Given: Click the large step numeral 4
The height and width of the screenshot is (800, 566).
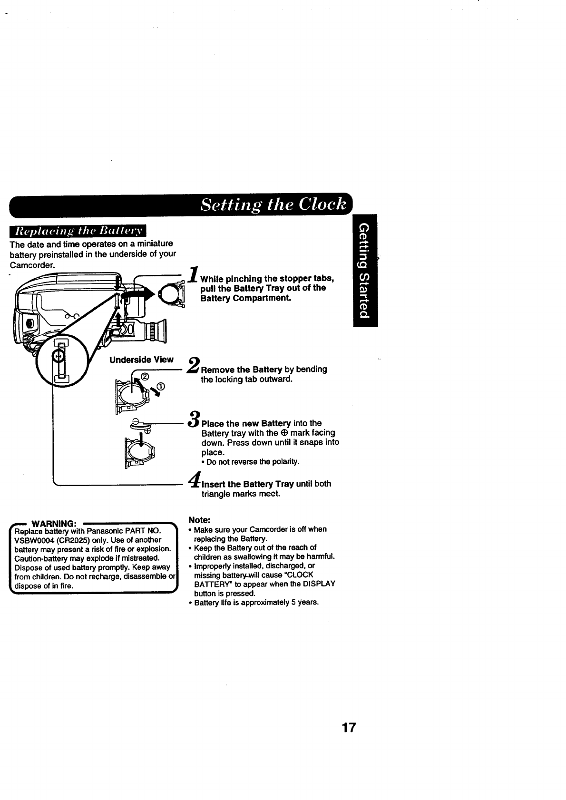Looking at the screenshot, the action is [194, 479].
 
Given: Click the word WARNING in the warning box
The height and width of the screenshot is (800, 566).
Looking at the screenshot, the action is [51, 524].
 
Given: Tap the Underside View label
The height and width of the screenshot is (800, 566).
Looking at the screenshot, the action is [141, 360].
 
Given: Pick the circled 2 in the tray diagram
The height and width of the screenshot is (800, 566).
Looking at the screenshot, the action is [146, 378].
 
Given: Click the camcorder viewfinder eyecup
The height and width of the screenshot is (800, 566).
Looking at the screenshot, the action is [162, 330].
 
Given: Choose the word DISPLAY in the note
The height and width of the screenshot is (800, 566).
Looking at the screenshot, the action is [319, 584].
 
